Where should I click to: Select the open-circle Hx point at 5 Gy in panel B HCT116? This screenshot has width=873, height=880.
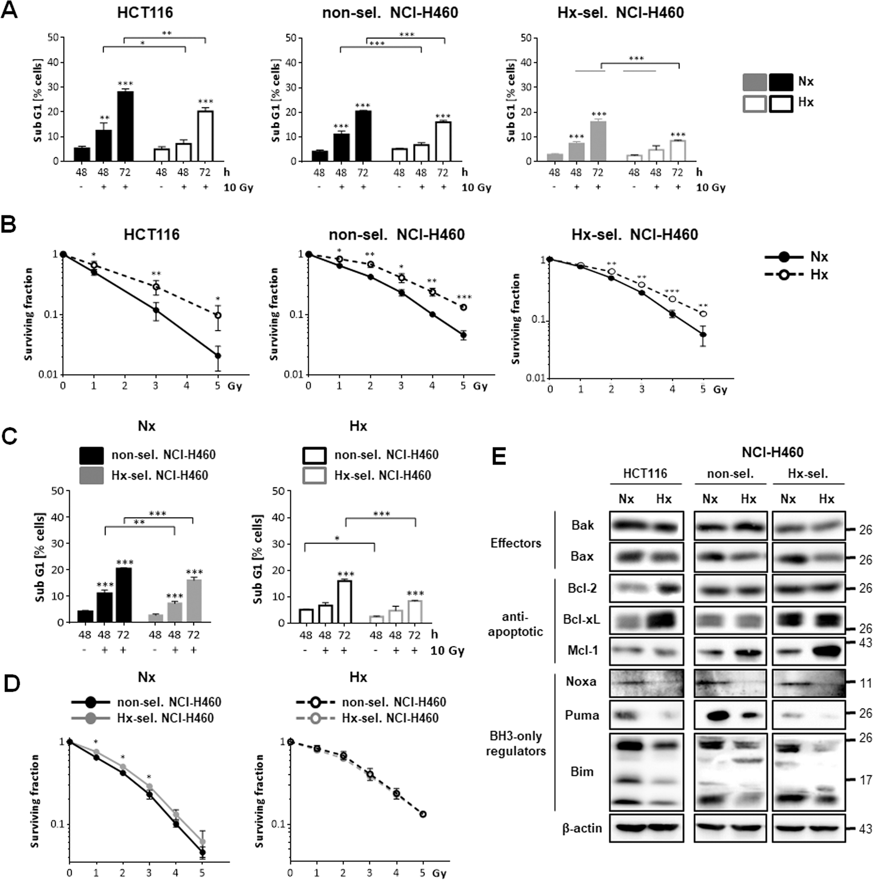pyautogui.click(x=218, y=315)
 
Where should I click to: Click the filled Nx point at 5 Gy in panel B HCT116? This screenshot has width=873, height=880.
pyautogui.click(x=218, y=356)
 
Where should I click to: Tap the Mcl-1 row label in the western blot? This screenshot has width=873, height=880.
pyautogui.click(x=583, y=650)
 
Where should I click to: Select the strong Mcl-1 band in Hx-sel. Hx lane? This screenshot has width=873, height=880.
pyautogui.click(x=825, y=650)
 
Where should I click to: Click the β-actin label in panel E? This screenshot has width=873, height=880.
pyautogui.click(x=582, y=828)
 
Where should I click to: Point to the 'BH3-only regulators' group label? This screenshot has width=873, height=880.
pyautogui.click(x=515, y=743)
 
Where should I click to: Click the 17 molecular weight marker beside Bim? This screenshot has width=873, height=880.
pyautogui.click(x=865, y=780)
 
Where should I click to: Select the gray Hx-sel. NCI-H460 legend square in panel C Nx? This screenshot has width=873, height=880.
pyautogui.click(x=92, y=475)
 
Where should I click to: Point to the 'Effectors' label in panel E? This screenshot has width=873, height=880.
pyautogui.click(x=515, y=543)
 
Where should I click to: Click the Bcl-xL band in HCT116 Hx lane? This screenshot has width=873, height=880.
pyautogui.click(x=664, y=620)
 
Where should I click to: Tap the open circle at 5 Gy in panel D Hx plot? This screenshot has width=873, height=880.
pyautogui.click(x=423, y=814)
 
